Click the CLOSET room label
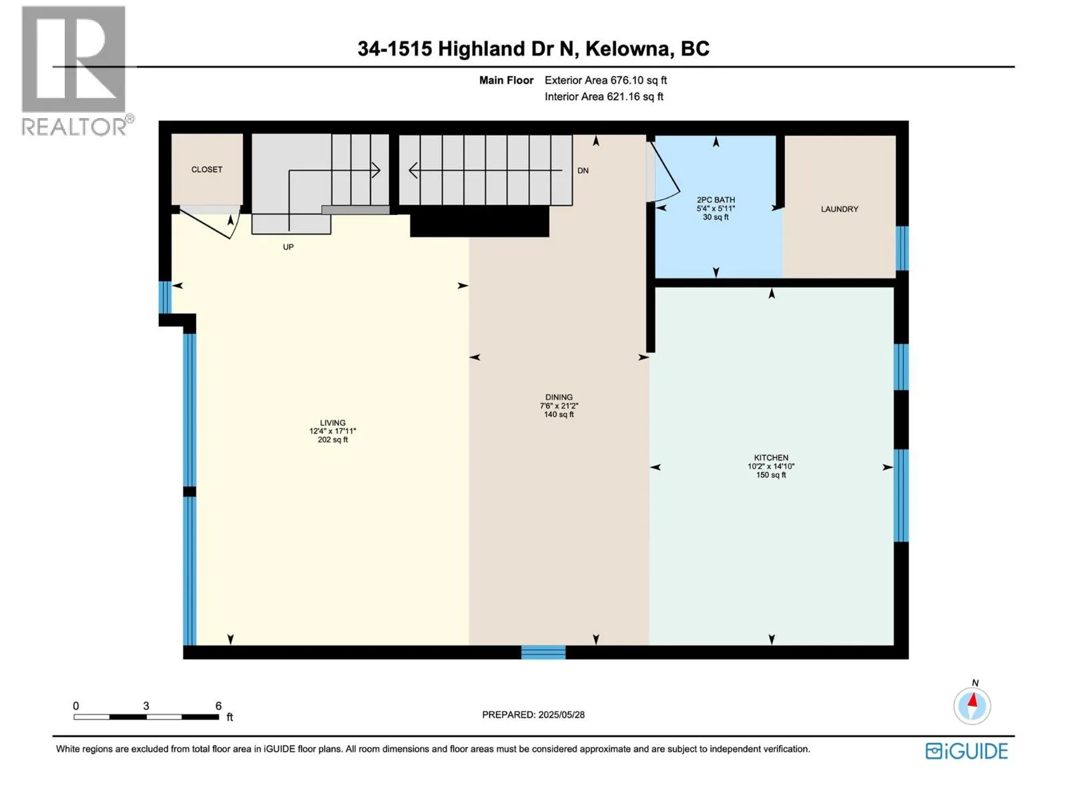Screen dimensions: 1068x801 pos(206,170)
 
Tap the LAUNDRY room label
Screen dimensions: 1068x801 pos(839,209)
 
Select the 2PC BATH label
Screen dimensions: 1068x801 pos(716,200)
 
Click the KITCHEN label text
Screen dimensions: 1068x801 pos(771,458)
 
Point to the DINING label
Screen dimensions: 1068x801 pos(559,397)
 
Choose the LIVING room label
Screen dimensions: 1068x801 pos(332,423)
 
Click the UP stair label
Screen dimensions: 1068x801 pos(288,247)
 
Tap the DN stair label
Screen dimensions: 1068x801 pos(583,171)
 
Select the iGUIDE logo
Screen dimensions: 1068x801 pos(967,751)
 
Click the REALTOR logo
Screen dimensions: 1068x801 pos(77,71)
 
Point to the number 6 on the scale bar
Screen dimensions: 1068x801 pos(218,706)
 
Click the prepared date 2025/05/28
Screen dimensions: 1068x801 pos(561,714)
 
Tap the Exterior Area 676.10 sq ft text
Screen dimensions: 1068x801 pos(605,80)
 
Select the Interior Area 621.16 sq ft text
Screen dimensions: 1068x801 pos(603,97)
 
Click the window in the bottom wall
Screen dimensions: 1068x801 pos(543,652)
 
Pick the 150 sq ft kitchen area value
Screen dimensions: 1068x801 pos(771,475)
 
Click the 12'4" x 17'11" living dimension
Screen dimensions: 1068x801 pos(332,431)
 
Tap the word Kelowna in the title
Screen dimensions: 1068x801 pos(629,49)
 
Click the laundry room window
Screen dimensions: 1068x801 pos(902,248)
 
